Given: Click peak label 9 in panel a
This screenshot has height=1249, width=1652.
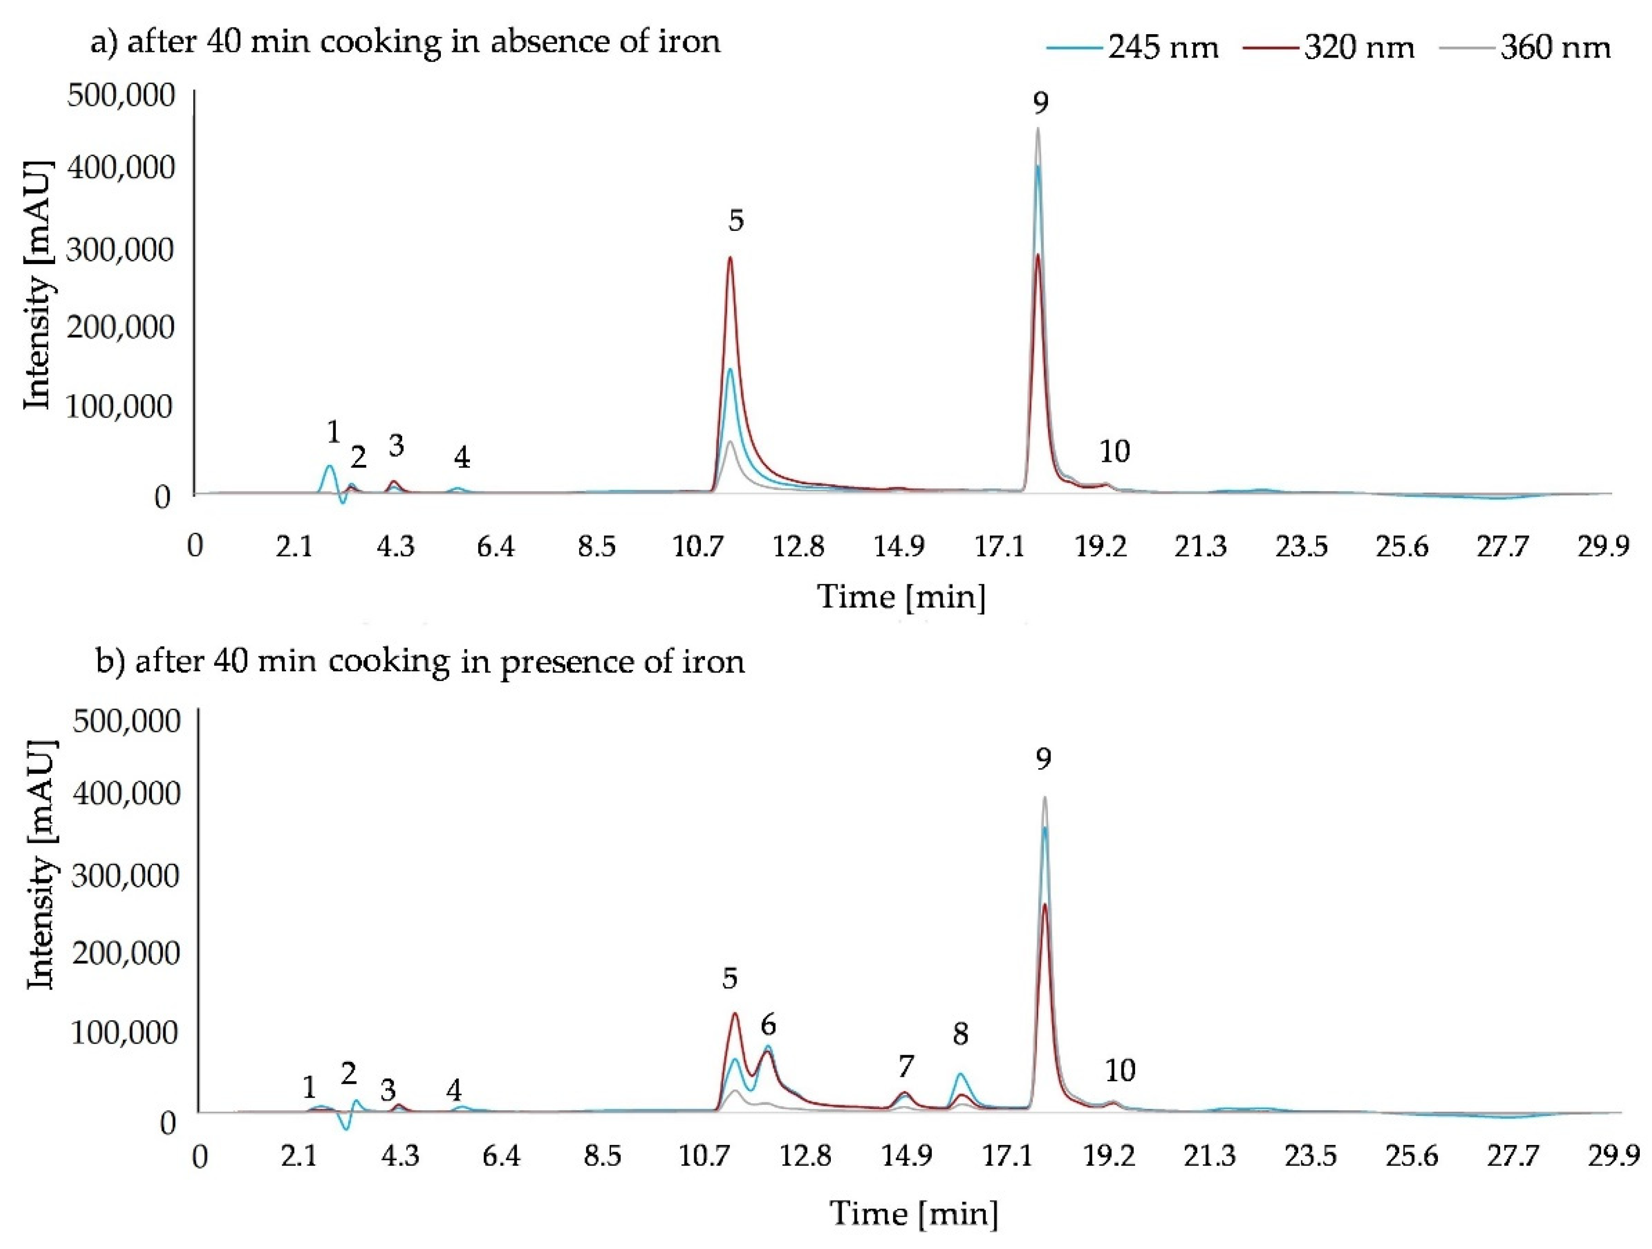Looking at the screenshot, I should (x=1040, y=102).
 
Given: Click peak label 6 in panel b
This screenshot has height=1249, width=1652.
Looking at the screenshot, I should (x=768, y=1025).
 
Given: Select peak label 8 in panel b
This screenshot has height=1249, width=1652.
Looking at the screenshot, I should (x=960, y=1034).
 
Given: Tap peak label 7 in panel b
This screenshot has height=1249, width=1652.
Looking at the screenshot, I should (x=905, y=1066).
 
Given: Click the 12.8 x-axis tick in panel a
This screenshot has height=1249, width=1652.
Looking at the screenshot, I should (x=798, y=548).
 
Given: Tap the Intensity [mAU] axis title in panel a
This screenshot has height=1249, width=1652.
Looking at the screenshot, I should (x=39, y=285).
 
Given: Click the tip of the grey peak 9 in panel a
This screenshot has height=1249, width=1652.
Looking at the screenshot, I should (x=1037, y=128).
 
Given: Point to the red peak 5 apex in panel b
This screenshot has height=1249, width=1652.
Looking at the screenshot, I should (x=734, y=1013).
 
